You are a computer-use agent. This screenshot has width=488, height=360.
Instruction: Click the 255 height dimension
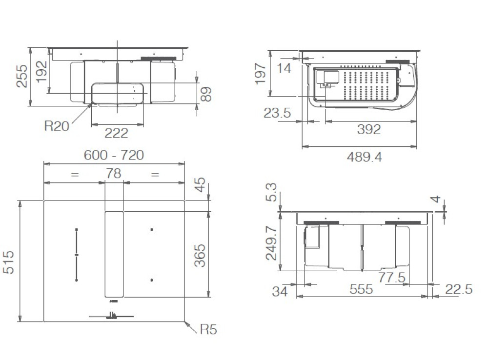pos(22,76)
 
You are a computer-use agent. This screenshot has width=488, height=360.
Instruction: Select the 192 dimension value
pos(41,71)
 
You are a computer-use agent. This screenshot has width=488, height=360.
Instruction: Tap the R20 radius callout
pos(57,126)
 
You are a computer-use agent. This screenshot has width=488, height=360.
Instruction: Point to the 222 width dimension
pos(117,133)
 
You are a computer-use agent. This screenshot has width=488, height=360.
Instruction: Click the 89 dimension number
pos(206,94)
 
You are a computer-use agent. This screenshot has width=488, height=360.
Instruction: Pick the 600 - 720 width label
pos(114,155)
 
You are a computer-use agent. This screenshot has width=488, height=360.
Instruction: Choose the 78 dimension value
pos(113,173)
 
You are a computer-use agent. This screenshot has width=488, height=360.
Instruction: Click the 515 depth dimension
pos(8,262)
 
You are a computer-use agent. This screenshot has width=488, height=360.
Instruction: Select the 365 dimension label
pos(200,256)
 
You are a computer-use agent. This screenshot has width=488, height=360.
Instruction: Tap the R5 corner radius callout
pos(208,329)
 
